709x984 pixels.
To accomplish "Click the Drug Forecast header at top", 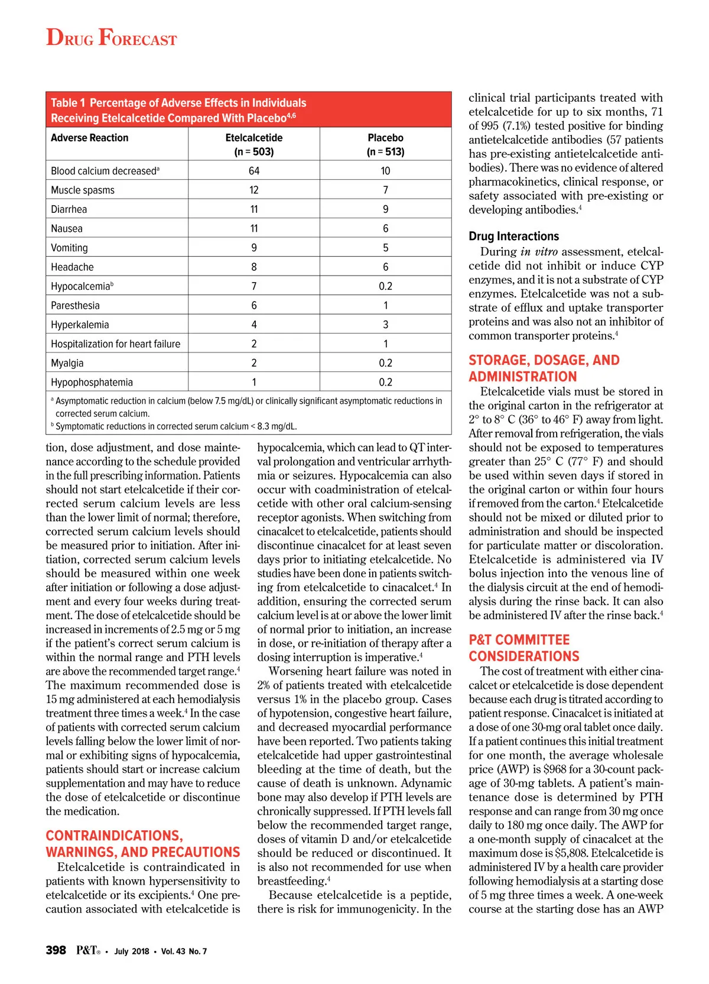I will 111,38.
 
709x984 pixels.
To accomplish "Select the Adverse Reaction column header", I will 89,138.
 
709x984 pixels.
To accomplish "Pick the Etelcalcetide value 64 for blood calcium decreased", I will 254,171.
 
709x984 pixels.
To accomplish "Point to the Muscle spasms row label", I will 83,190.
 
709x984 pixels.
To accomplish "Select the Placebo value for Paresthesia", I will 385,306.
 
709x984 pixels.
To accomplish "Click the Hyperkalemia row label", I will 80,325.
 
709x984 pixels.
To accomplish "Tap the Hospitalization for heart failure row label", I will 115,344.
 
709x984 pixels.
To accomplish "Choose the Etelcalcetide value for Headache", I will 254,267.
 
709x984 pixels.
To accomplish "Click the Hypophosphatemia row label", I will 92,383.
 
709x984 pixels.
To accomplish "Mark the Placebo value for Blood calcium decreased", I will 385,171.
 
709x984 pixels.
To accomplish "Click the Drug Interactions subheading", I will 513,236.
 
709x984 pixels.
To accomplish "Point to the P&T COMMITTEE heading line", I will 519,640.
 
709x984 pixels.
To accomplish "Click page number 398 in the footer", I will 56,950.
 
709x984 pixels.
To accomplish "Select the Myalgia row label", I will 67,363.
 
